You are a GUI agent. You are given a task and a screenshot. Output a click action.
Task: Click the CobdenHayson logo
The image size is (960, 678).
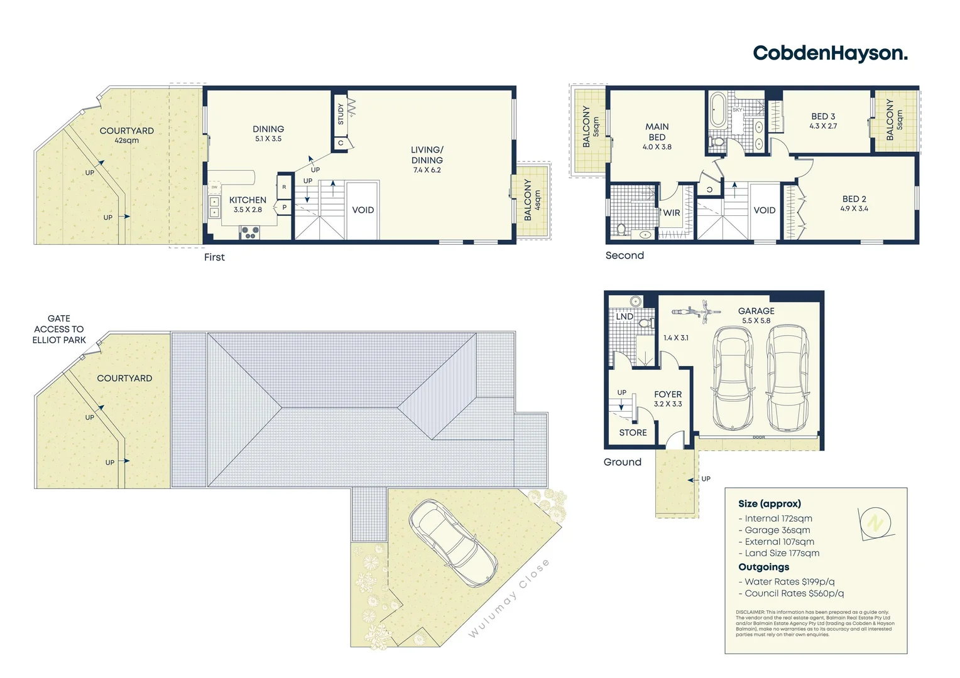coord(830,53)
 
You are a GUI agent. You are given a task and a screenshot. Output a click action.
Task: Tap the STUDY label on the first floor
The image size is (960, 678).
coord(341,114)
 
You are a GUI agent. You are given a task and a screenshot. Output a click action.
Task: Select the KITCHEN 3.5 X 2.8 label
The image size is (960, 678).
coord(248,205)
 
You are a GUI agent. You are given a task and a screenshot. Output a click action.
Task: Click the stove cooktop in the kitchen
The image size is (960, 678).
coord(249,233)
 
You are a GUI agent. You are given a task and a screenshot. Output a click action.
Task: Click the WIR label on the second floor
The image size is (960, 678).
coord(672,213)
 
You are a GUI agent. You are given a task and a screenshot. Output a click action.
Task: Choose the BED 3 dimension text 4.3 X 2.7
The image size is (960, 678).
coord(823,126)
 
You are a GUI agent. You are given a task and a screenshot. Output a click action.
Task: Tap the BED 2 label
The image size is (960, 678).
coord(854,199)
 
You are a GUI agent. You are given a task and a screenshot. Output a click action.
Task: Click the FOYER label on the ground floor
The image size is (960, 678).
coord(668,394)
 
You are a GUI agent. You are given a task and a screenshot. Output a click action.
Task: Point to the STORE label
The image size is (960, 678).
coord(633,433)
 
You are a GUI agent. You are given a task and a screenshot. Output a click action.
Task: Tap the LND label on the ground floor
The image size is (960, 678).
coord(625,316)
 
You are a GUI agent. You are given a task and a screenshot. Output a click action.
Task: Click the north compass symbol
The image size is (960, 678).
coord(876,522)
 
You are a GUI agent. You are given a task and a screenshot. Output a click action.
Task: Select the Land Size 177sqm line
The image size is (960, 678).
coord(782,553)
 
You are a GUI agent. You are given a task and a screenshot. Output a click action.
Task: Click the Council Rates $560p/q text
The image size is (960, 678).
coord(794,593)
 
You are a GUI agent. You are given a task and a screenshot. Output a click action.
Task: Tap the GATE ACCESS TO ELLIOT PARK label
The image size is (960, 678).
coord(59,329)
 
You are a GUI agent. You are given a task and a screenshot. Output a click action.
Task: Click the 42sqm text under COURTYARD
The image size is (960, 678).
coord(126,141)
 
